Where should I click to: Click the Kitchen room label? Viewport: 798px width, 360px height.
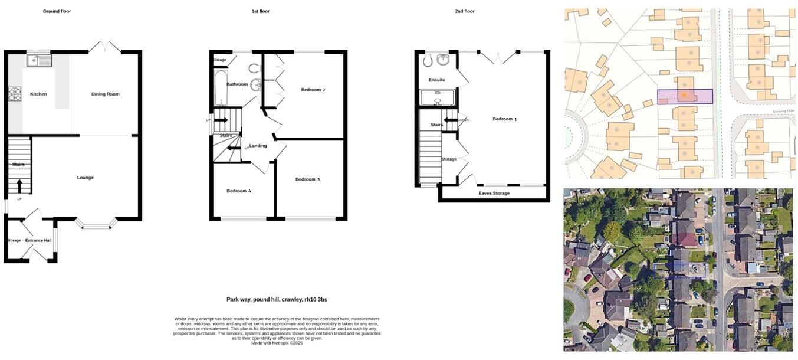38,94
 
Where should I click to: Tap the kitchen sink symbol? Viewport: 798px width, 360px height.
39,60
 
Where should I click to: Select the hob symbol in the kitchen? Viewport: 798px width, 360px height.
14,94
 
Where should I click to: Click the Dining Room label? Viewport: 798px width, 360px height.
105,94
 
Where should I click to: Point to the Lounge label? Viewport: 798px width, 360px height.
85,178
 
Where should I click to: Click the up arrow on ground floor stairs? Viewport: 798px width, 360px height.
19,185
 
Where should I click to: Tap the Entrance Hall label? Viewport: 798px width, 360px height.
38,240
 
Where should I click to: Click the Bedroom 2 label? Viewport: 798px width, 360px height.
313,90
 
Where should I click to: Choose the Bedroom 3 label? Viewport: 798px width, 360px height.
307,179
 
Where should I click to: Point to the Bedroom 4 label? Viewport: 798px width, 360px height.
239,191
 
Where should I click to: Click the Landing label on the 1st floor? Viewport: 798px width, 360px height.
258,146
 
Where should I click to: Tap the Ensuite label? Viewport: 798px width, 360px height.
436,80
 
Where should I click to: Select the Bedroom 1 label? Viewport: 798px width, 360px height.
504,119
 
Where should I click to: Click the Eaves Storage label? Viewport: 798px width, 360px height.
494,193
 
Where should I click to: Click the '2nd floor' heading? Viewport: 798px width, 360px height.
464,11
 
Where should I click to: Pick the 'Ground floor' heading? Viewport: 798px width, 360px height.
57,11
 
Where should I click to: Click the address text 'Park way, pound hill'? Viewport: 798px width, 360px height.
277,300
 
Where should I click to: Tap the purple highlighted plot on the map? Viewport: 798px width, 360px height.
685,96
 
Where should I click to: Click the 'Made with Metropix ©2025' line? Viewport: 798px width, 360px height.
277,343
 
